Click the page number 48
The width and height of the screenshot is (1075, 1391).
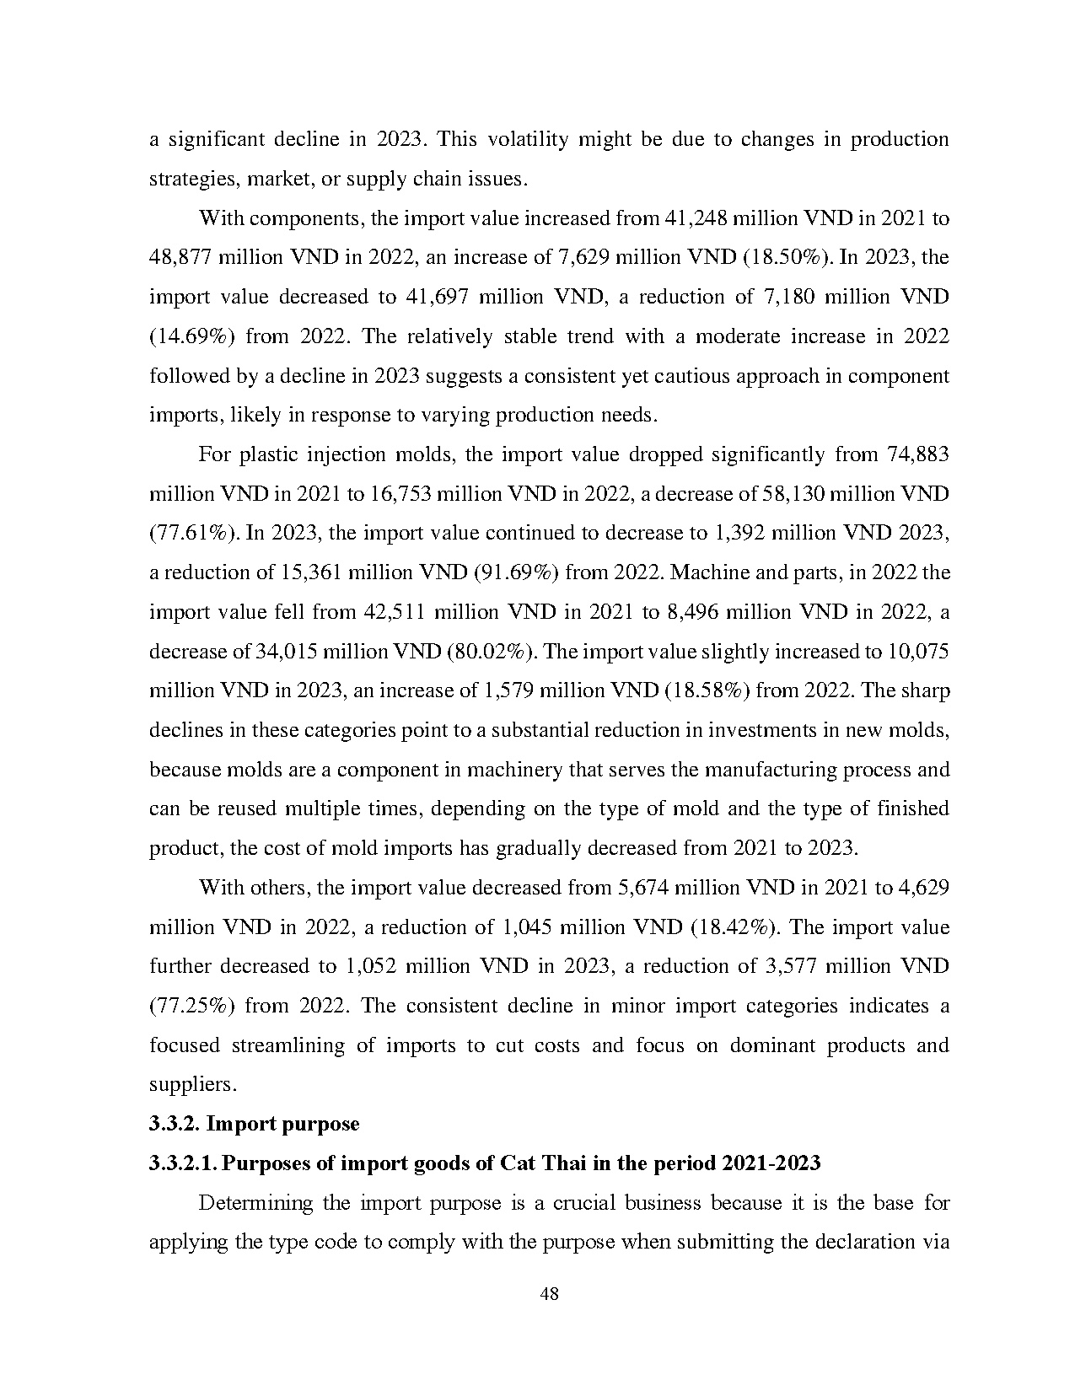[549, 1294]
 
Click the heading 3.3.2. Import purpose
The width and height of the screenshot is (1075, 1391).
[254, 1124]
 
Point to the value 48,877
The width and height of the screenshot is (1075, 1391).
[180, 257]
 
